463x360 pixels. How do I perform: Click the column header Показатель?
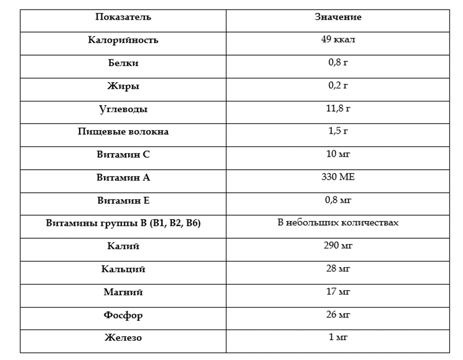click(123, 17)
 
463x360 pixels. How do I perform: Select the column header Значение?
click(338, 17)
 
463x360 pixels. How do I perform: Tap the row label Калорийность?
click(123, 40)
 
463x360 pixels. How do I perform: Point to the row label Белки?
click(123, 63)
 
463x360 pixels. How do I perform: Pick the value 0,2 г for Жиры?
click(338, 85)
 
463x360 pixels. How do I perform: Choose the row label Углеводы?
click(123, 109)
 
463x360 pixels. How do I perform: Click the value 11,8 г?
click(338, 108)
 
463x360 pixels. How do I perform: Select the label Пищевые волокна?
click(123, 132)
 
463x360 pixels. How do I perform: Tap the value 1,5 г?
click(338, 131)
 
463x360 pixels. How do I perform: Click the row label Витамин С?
click(123, 155)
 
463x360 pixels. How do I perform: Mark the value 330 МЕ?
click(338, 177)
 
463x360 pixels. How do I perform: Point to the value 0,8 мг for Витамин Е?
click(338, 200)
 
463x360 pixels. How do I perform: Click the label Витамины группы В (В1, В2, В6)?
click(123, 223)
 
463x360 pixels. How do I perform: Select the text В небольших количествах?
click(338, 223)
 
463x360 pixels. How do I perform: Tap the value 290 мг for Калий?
click(338, 245)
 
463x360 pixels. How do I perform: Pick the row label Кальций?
click(123, 269)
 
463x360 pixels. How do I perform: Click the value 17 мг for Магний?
click(338, 292)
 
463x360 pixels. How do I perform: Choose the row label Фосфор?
click(123, 315)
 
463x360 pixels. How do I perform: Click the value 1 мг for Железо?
click(338, 337)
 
